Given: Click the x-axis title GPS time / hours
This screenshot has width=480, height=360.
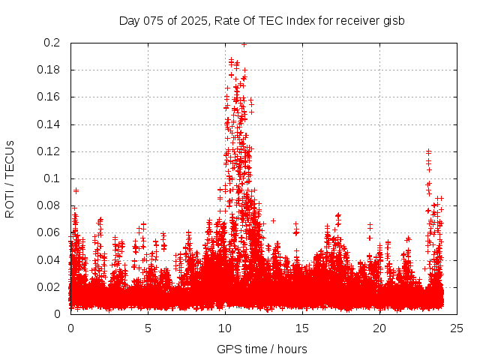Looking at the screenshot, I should tap(262, 349).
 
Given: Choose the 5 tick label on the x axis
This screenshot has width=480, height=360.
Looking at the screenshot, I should tap(148, 328).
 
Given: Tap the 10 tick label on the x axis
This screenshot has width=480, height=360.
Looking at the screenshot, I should tap(225, 328).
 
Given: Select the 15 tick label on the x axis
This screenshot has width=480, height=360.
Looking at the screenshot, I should tap(302, 328).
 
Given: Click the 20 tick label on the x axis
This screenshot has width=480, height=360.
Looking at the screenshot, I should tap(379, 328).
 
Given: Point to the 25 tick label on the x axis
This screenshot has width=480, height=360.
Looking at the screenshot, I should tap(457, 328).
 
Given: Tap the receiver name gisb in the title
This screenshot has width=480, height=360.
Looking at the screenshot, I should tap(394, 21).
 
